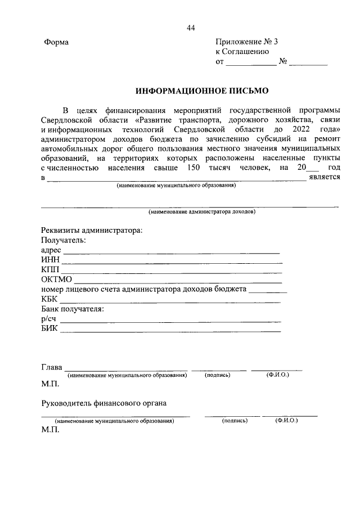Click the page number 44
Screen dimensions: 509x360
tap(191, 29)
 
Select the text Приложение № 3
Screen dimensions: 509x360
tap(246, 43)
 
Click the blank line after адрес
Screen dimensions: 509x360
tap(172, 253)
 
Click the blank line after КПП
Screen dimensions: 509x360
tap(171, 273)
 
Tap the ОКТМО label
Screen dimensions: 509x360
tap(57, 280)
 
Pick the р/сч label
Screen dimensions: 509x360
tap(49, 319)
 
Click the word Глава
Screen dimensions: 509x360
tap(51, 367)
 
